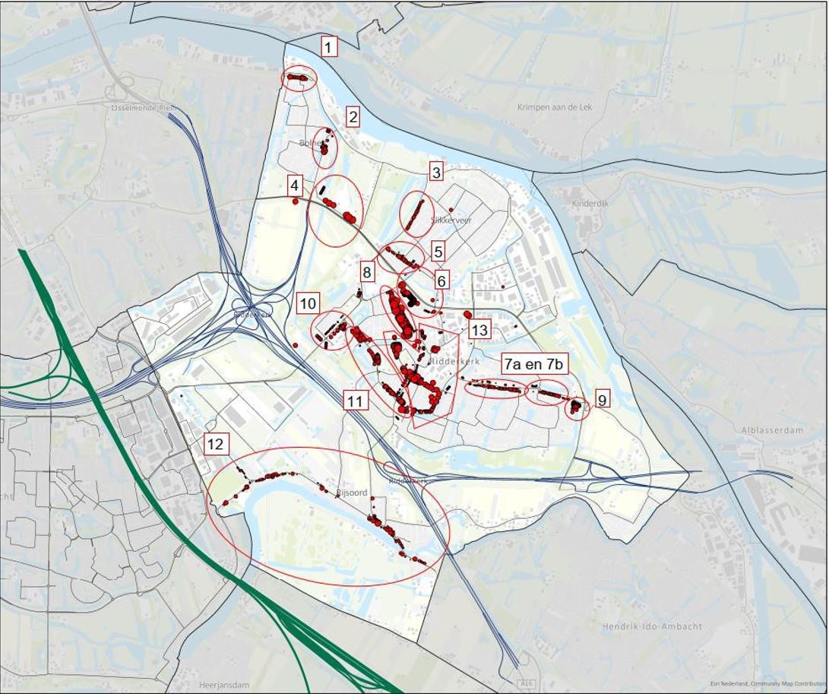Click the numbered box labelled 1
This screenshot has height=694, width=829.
[x=328, y=47]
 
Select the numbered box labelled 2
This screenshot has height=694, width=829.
[x=353, y=117]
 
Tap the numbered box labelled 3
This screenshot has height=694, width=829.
[x=435, y=172]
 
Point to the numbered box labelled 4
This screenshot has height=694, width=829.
[x=295, y=185]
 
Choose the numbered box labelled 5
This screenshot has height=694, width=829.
[x=438, y=252]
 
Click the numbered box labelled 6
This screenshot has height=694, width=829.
[x=441, y=280]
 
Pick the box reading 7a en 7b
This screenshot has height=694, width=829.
[x=534, y=364]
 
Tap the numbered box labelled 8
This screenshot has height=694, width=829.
[x=368, y=272]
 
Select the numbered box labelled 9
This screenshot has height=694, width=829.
[x=602, y=399]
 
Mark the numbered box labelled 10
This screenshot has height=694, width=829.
[x=308, y=304]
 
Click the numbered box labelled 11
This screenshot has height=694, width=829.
[x=355, y=401]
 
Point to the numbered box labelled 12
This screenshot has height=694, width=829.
[x=216, y=444]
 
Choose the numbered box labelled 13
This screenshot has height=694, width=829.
[x=479, y=330]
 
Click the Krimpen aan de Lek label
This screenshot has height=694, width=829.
[x=555, y=107]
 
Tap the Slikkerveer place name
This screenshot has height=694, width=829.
[x=451, y=220]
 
